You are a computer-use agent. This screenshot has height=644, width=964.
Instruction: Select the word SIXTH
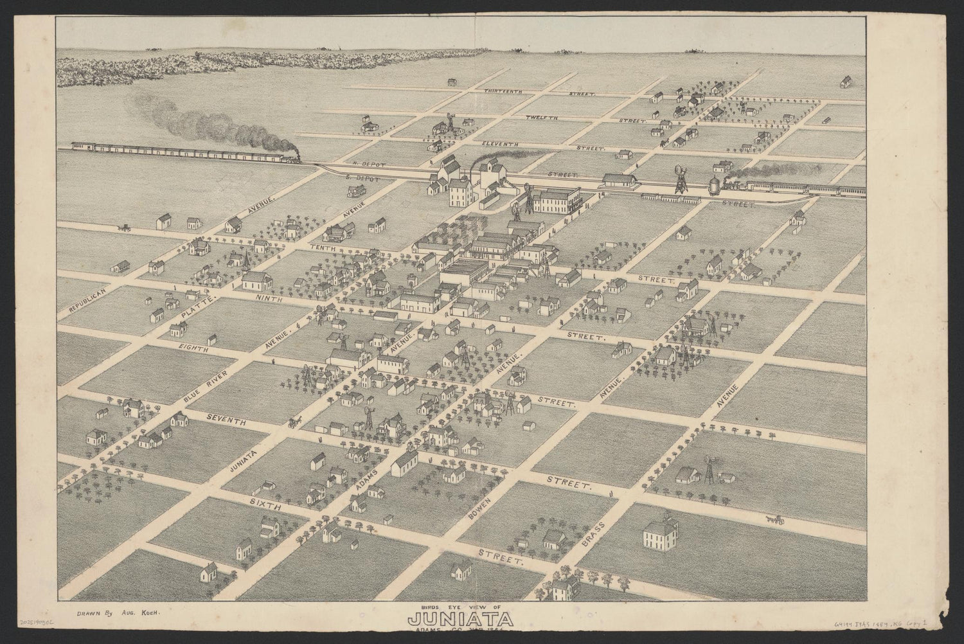266,505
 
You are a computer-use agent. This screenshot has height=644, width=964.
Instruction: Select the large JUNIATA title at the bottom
460,621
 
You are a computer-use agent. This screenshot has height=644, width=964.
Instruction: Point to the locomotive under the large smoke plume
288,156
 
